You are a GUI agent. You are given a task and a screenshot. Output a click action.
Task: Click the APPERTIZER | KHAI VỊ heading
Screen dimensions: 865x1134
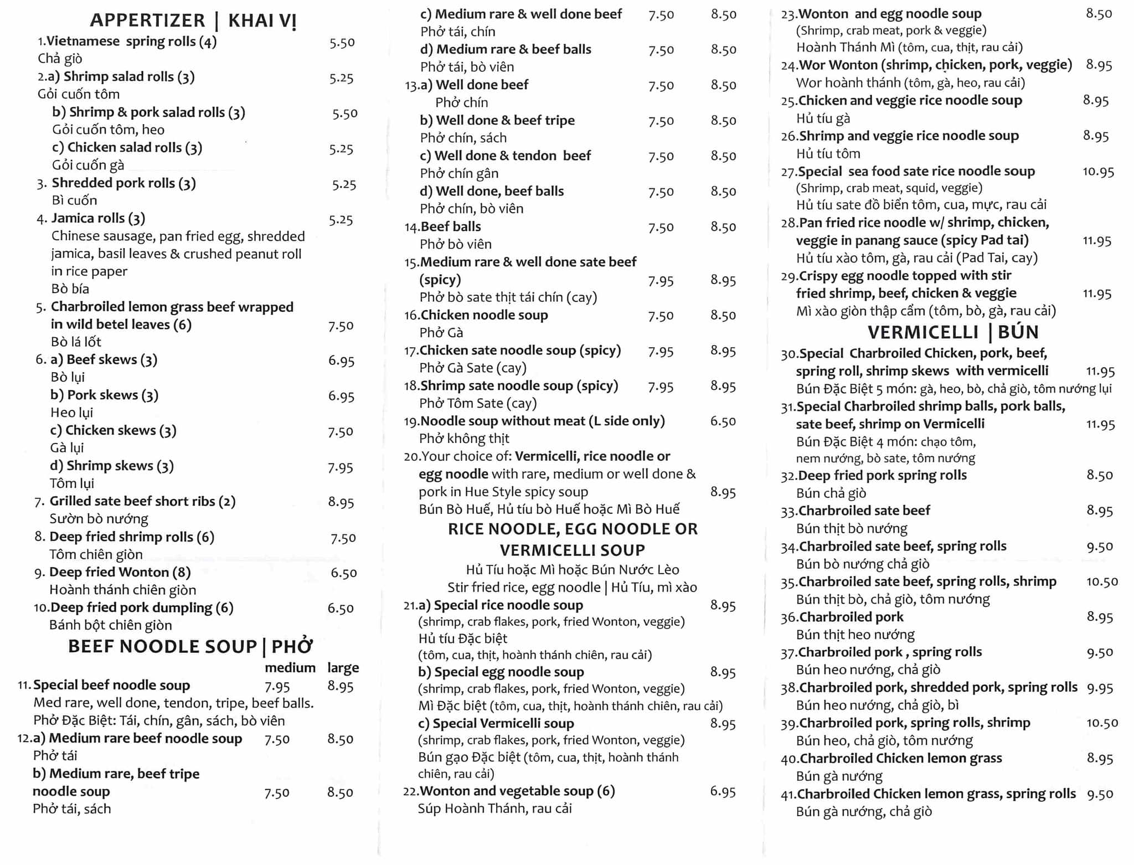(193, 20)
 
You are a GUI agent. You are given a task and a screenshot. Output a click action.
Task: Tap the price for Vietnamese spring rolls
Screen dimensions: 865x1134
(342, 43)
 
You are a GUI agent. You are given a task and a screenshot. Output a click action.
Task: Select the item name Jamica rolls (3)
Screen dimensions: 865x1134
(98, 218)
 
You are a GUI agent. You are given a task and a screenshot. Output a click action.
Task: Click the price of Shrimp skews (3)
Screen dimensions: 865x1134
(340, 468)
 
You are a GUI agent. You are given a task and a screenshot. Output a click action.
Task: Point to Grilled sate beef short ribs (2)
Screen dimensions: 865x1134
(142, 501)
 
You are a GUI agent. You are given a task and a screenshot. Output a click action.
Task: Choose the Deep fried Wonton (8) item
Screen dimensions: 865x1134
(120, 572)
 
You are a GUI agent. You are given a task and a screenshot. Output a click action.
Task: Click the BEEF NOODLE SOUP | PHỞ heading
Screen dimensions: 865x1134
(190, 646)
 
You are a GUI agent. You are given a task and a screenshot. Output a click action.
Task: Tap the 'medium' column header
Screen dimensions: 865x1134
(290, 667)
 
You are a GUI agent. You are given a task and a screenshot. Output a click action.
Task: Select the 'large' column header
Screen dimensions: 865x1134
(343, 667)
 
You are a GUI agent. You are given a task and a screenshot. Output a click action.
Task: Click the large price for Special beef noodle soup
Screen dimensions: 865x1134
(340, 686)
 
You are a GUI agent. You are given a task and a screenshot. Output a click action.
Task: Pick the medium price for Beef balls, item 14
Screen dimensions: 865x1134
(661, 227)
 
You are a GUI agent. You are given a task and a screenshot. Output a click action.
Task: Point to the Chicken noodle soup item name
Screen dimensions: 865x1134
(483, 315)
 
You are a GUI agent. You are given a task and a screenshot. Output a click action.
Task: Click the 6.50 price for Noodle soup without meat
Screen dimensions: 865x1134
(723, 421)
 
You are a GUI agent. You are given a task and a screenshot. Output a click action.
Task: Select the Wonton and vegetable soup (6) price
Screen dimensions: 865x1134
(723, 792)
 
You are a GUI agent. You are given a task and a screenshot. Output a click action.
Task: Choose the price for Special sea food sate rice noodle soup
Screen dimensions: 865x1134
(1098, 172)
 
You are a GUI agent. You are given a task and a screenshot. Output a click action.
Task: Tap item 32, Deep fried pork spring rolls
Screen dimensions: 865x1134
(882, 475)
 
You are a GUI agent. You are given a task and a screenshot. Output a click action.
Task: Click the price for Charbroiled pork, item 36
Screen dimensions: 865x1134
(1099, 617)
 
